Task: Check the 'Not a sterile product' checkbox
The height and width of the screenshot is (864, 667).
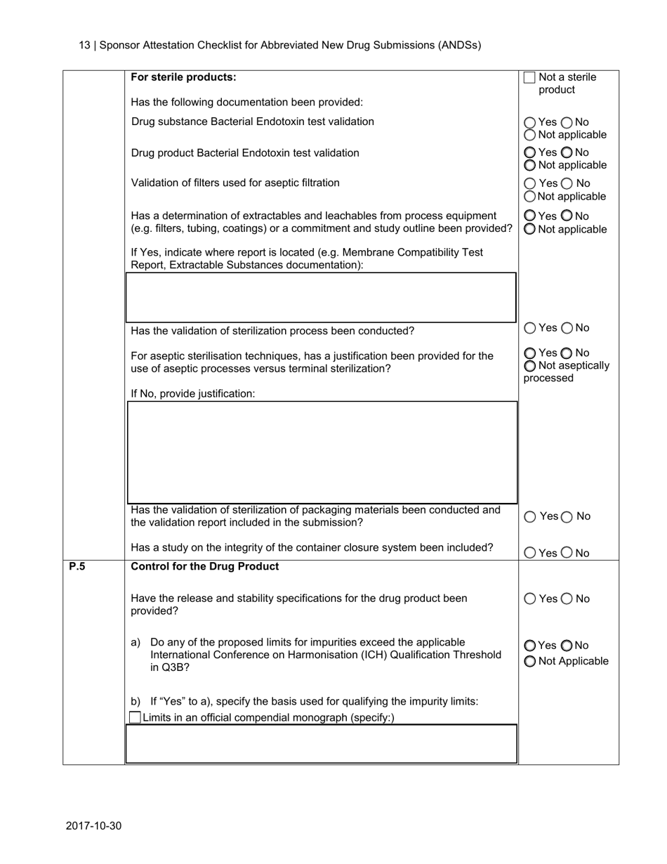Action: (529, 77)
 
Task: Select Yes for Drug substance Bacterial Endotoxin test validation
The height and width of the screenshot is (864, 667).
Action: (530, 122)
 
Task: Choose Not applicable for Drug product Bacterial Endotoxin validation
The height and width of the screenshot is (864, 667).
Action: (530, 166)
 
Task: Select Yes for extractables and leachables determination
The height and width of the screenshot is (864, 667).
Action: (530, 216)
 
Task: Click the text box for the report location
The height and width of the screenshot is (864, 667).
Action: (321, 298)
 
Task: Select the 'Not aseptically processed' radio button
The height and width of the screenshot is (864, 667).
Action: (530, 366)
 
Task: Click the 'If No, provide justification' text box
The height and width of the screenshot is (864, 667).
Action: (321, 452)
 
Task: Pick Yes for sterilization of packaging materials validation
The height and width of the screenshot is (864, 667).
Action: (530, 517)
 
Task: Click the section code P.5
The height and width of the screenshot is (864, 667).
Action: (77, 566)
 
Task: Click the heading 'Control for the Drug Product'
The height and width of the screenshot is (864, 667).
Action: (205, 566)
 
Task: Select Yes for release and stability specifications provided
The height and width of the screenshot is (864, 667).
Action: (530, 599)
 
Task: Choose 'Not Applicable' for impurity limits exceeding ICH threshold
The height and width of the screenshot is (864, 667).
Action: (530, 662)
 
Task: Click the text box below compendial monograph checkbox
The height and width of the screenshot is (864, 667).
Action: (321, 744)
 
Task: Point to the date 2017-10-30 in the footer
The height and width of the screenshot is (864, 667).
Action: (94, 825)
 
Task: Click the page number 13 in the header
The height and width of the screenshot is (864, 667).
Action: (84, 45)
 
